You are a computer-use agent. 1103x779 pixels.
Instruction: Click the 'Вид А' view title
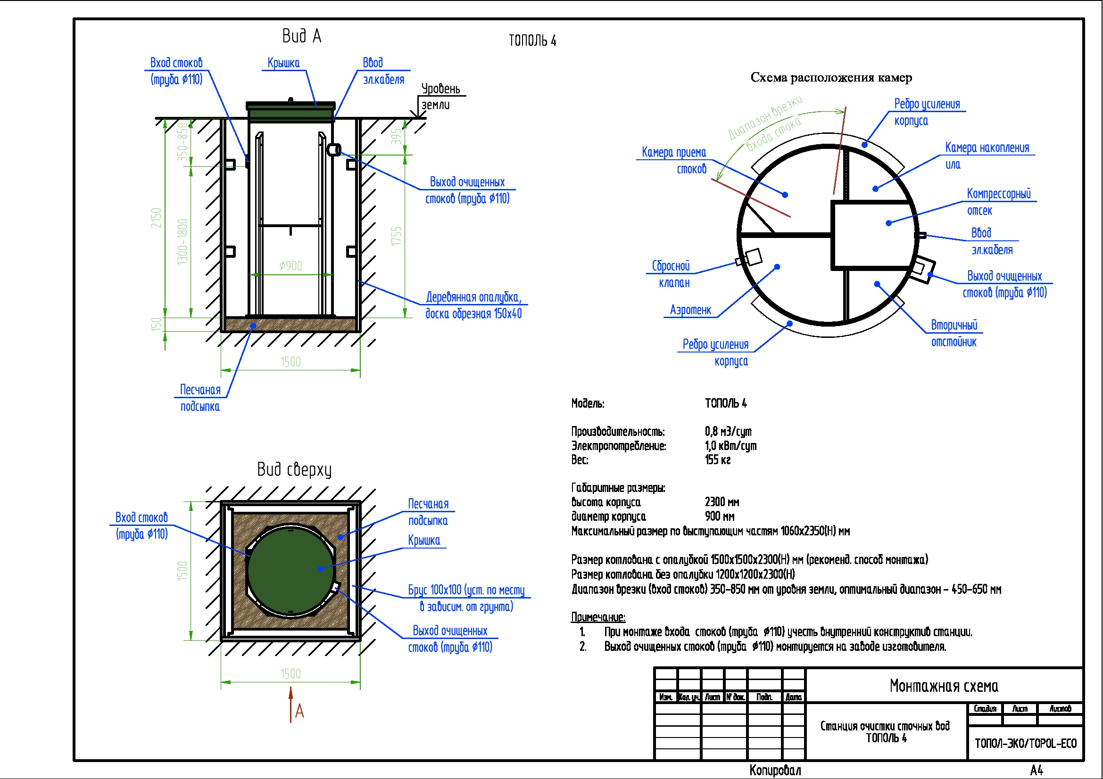click(302, 36)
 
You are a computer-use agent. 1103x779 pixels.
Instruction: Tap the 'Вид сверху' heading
click(294, 469)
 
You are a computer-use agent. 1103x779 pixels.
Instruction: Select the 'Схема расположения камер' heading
click(831, 78)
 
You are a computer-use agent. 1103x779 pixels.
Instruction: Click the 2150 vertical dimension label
click(157, 218)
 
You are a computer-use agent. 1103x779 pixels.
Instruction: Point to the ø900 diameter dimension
click(290, 266)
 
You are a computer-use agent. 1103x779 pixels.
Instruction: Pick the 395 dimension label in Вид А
click(396, 137)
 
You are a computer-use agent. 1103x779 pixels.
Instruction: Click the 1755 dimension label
click(396, 236)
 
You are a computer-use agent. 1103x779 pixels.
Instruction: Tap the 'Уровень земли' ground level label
click(440, 97)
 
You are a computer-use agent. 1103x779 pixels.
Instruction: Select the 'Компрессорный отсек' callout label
click(998, 202)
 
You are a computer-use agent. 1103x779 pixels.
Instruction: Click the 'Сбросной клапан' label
click(671, 275)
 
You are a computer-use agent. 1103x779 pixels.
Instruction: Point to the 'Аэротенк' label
click(690, 310)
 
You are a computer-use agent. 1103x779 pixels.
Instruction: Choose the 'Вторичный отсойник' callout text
click(954, 334)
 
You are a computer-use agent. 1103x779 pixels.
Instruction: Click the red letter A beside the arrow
click(300, 711)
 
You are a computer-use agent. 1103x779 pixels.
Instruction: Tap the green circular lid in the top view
click(290, 570)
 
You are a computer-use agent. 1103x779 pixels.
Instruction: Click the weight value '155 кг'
click(718, 460)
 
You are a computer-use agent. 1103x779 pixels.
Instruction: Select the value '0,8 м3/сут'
click(728, 432)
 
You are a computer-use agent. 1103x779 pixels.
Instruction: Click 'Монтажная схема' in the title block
click(944, 686)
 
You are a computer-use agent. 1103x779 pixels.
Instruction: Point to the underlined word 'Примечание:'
click(598, 617)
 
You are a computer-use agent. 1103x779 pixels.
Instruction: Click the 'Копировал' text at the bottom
click(775, 771)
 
